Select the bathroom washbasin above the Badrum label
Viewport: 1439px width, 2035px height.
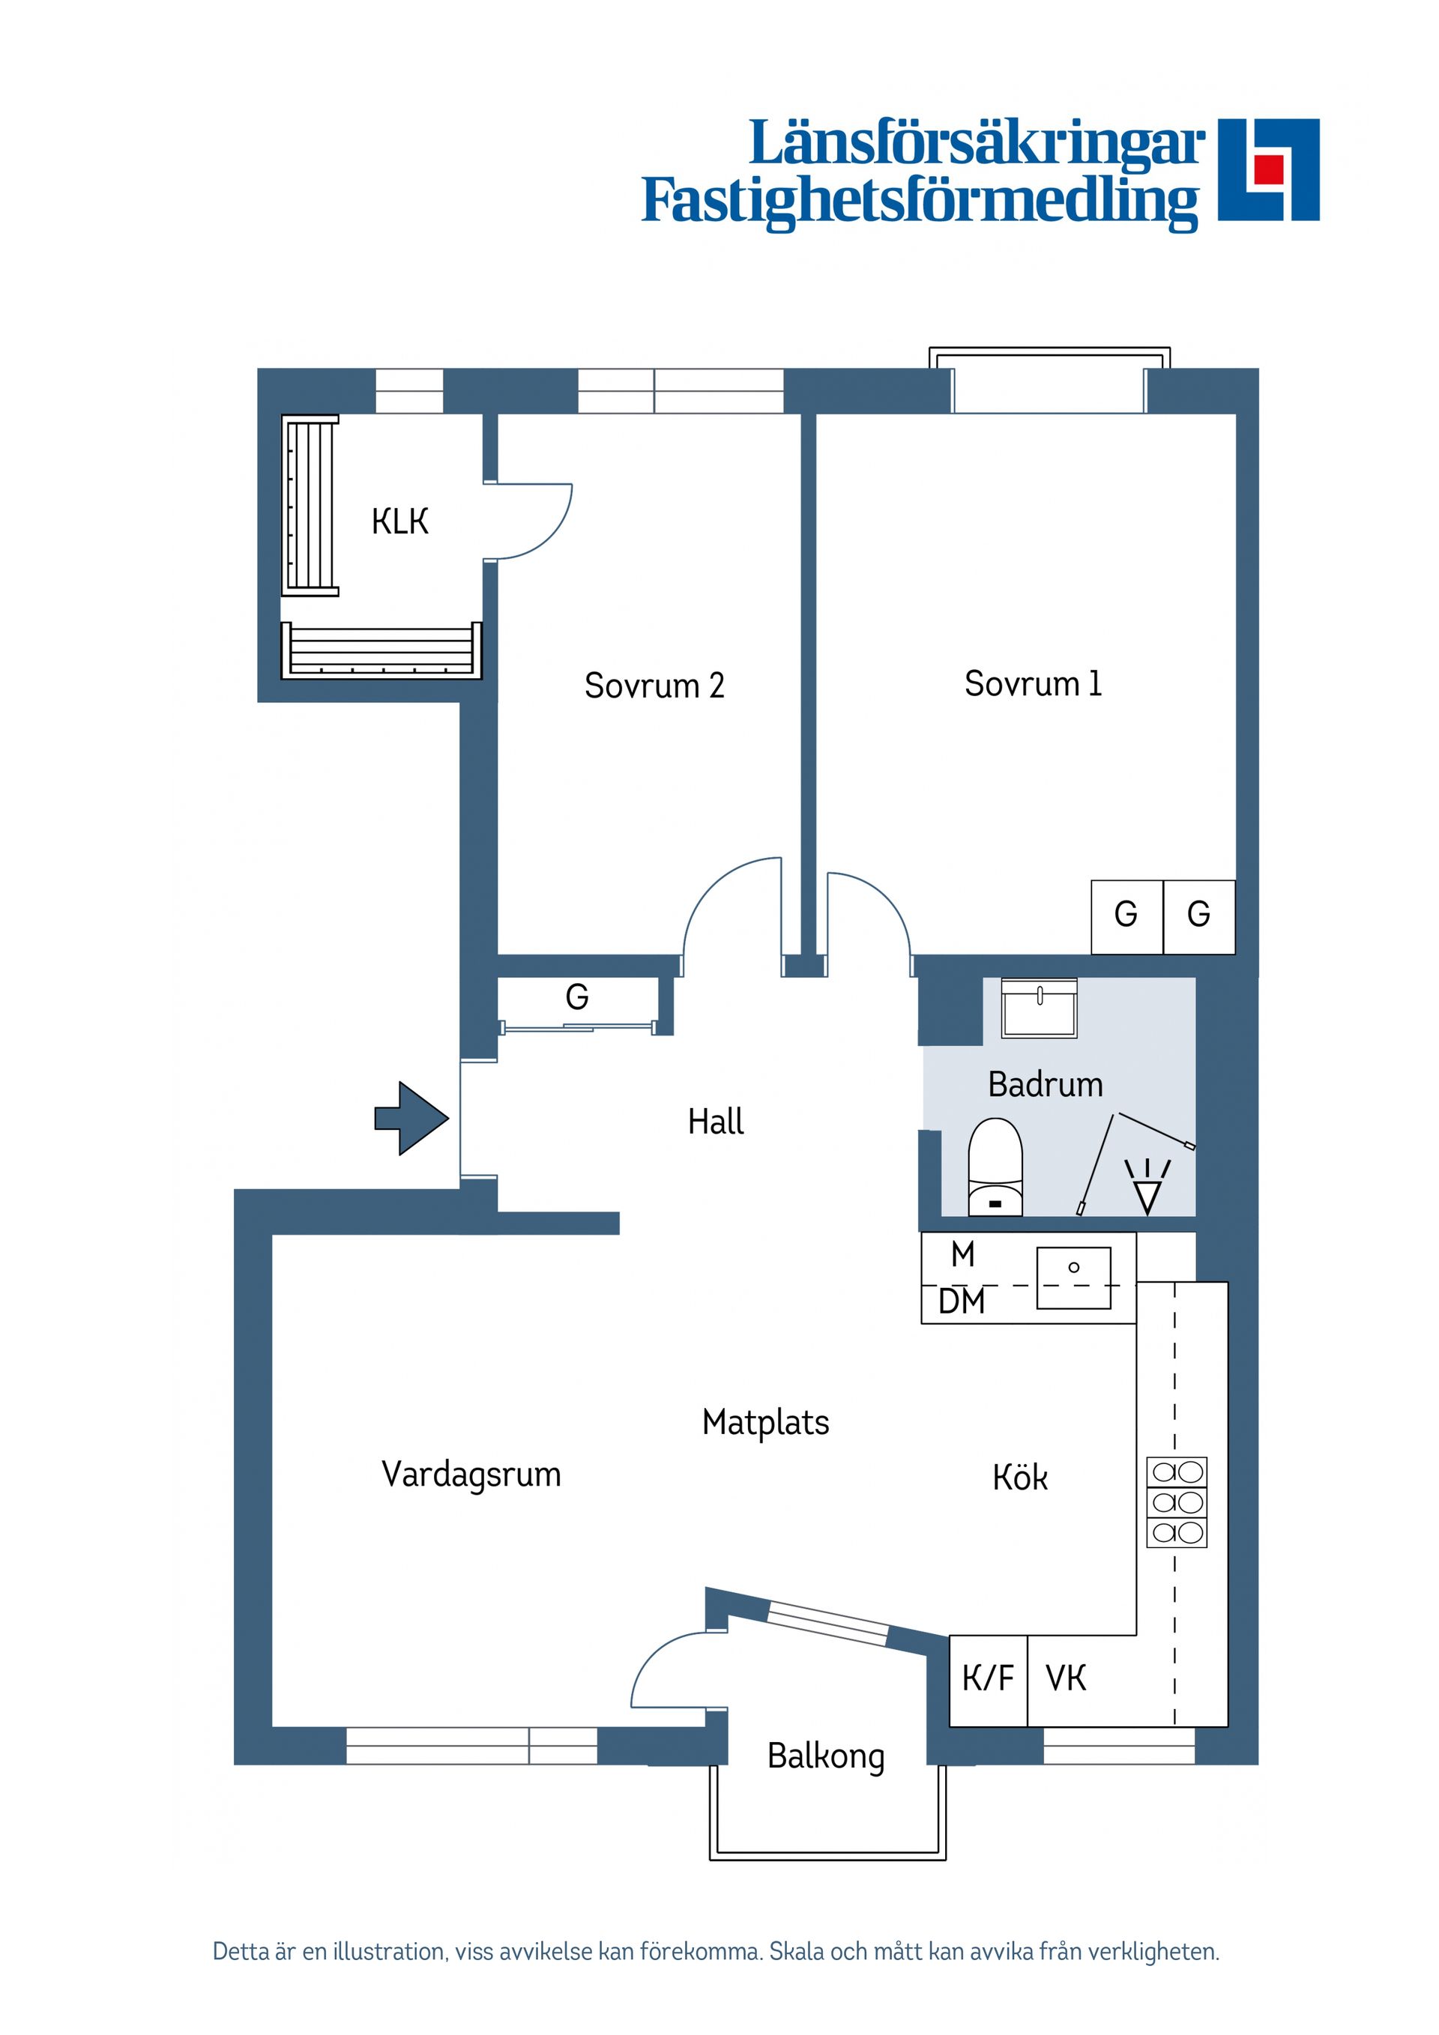point(1039,1008)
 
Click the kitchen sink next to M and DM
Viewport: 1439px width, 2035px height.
point(1074,1277)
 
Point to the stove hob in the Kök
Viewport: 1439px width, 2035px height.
point(1177,1502)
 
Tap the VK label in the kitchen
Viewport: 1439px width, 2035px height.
point(1066,1678)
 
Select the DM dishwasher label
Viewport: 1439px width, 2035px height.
point(962,1302)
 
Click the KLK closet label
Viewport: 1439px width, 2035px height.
point(400,522)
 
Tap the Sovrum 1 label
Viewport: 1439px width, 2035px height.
point(1033,683)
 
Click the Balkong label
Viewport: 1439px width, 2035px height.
point(827,1758)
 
